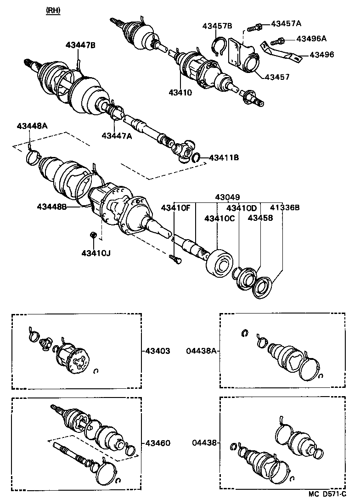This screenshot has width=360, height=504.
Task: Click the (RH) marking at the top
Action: (53, 11)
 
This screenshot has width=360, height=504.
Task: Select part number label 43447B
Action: (80, 45)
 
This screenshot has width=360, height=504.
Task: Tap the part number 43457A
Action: (286, 24)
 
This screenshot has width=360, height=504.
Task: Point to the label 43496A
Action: (311, 39)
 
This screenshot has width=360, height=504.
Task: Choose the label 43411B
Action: (224, 157)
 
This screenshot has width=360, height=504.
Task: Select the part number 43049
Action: (228, 197)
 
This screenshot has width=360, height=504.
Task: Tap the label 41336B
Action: (285, 207)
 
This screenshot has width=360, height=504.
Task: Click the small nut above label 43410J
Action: (93, 235)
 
